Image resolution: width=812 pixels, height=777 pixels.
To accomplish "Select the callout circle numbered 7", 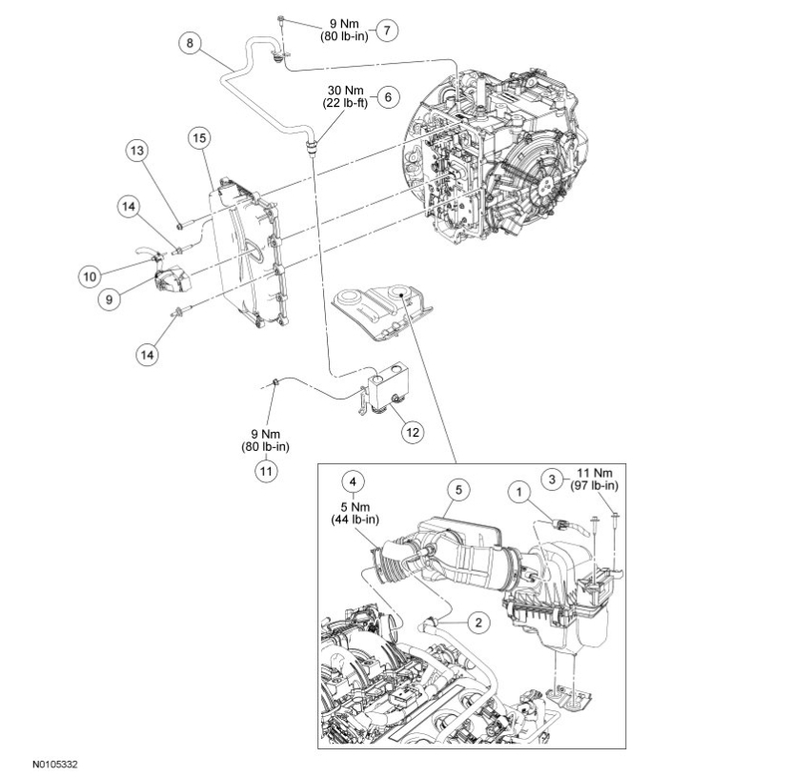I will (387, 31).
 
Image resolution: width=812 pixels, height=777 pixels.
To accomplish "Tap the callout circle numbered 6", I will (387, 97).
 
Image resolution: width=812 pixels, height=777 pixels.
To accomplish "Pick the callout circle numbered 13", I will (138, 152).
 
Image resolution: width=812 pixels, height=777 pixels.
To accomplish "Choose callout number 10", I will (90, 276).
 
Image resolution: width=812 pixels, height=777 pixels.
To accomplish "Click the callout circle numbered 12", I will (412, 432).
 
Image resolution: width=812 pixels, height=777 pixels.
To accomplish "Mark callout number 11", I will (266, 469).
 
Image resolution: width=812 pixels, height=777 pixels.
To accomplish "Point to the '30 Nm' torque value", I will (346, 91).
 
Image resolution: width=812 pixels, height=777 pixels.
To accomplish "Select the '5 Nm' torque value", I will (354, 506).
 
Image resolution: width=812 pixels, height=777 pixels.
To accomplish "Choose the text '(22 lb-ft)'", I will (346, 103).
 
